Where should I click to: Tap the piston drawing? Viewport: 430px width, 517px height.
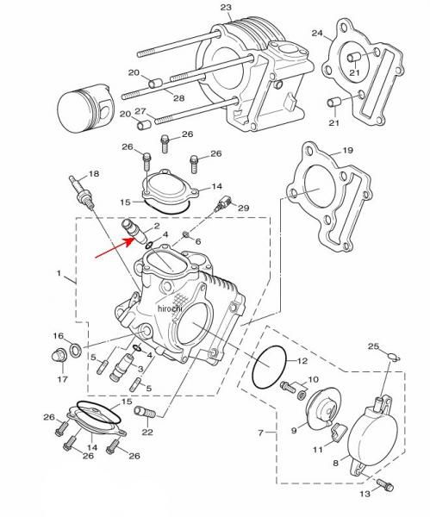coord(85,108)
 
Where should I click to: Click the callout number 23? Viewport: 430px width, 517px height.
coord(227,7)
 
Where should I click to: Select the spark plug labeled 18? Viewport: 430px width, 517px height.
coord(82,193)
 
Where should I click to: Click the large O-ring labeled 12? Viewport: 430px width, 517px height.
coord(269,367)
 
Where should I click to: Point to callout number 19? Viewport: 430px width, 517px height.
coord(347,150)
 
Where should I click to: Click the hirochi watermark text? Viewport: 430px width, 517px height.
coord(170,308)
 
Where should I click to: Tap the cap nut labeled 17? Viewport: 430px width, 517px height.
coord(59,356)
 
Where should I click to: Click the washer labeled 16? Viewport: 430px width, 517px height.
coord(76,350)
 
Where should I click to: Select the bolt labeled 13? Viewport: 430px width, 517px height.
coord(385,484)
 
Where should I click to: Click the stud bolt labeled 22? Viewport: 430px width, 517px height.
coord(145,413)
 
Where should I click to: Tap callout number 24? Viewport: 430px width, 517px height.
coord(317,33)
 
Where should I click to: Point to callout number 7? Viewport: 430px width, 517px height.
coord(260,433)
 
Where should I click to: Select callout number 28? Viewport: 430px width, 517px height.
coord(178,98)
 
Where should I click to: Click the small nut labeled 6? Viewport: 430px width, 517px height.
coord(186,234)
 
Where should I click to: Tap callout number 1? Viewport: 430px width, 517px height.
coord(59,273)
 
